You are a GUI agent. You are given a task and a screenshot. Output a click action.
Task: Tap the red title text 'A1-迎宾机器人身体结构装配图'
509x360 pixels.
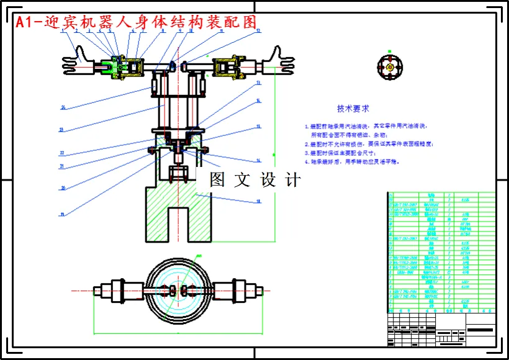pyautogui.click(x=135, y=22)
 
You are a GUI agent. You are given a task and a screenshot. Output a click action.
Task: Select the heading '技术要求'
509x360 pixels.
pyautogui.click(x=353, y=109)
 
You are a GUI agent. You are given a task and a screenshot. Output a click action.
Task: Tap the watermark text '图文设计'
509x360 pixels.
pyautogui.click(x=255, y=180)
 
